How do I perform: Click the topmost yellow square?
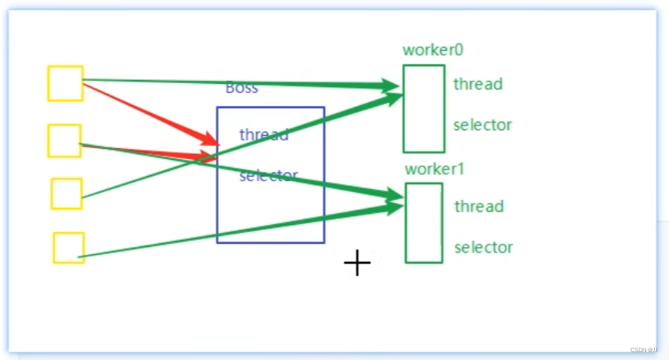click(x=65, y=84)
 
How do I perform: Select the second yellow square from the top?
click(x=64, y=140)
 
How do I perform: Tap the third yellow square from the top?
click(x=67, y=194)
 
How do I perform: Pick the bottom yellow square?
click(x=69, y=248)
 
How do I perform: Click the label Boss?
click(x=242, y=88)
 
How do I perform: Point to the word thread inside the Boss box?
click(x=264, y=134)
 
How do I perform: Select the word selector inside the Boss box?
click(x=269, y=176)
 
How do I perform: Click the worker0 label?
click(x=433, y=49)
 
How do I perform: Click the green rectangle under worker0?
click(x=424, y=109)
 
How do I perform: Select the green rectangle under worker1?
click(x=424, y=223)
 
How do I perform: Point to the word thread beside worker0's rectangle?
click(x=478, y=84)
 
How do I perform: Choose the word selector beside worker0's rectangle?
click(x=482, y=125)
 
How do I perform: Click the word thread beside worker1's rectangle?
click(x=478, y=206)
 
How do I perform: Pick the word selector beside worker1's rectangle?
click(x=483, y=248)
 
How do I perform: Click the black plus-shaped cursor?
click(x=357, y=264)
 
